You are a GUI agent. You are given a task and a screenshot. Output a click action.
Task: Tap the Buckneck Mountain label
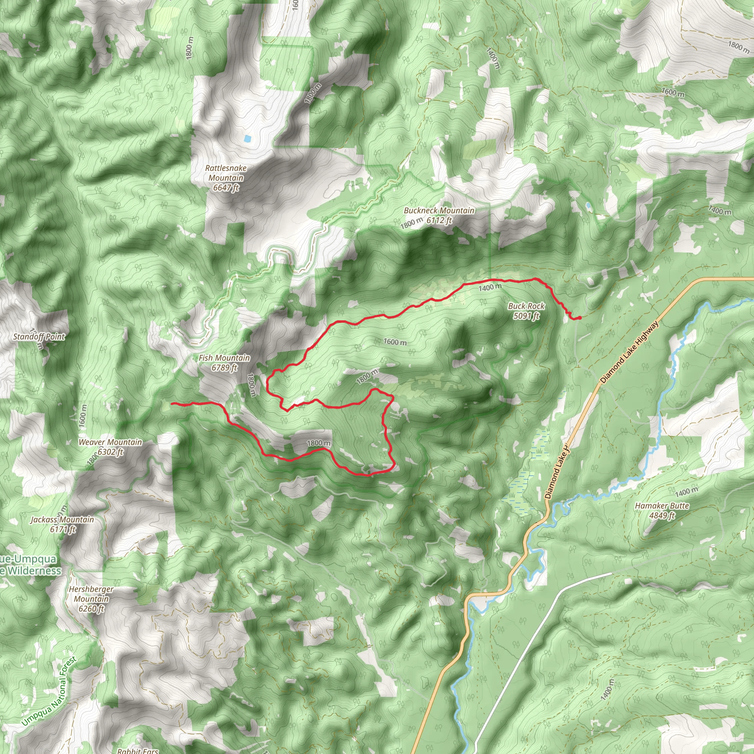(x=439, y=211)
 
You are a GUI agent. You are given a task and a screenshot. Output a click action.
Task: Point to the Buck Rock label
(x=526, y=306)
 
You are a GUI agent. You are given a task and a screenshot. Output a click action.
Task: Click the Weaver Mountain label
(x=110, y=442)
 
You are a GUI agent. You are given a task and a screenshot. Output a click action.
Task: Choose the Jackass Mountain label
(x=63, y=519)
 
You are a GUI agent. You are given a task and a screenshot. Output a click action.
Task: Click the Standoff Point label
(x=39, y=337)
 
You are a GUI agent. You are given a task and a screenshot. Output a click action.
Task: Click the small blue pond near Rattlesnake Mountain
(x=247, y=138)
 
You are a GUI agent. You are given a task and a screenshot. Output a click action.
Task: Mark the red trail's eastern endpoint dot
(x=579, y=318)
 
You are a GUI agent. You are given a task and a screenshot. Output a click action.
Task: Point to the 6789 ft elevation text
(x=224, y=368)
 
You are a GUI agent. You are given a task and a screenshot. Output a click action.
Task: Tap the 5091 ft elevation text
(x=526, y=316)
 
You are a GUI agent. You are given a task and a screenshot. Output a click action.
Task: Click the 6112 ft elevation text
(x=439, y=221)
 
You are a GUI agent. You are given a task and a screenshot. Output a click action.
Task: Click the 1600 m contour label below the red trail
(x=395, y=342)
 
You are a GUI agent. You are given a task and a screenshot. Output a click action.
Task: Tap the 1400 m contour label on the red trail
(x=490, y=287)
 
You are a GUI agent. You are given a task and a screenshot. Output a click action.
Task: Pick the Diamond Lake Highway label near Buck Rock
(x=629, y=352)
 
